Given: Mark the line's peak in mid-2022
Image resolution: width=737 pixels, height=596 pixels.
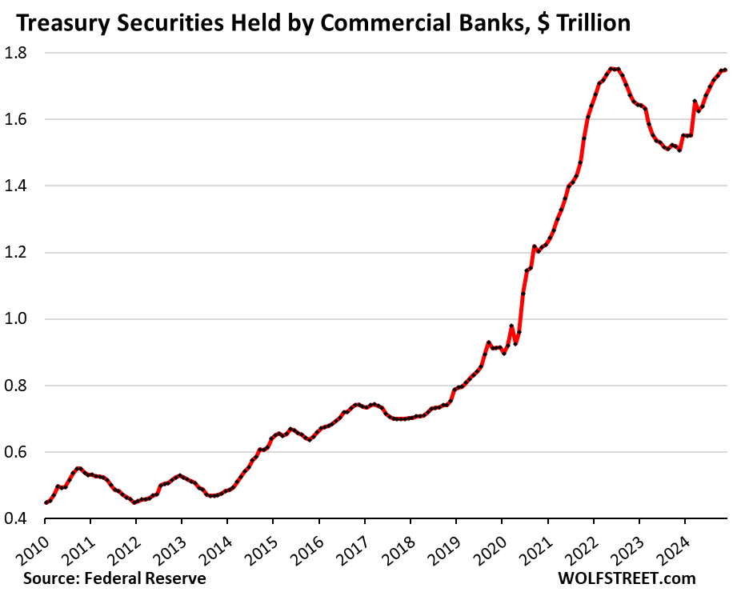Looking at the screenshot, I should tap(612, 68).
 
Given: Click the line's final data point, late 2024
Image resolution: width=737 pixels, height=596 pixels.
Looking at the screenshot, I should tap(724, 70).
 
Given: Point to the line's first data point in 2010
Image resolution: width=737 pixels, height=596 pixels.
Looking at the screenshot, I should tap(45, 502).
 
